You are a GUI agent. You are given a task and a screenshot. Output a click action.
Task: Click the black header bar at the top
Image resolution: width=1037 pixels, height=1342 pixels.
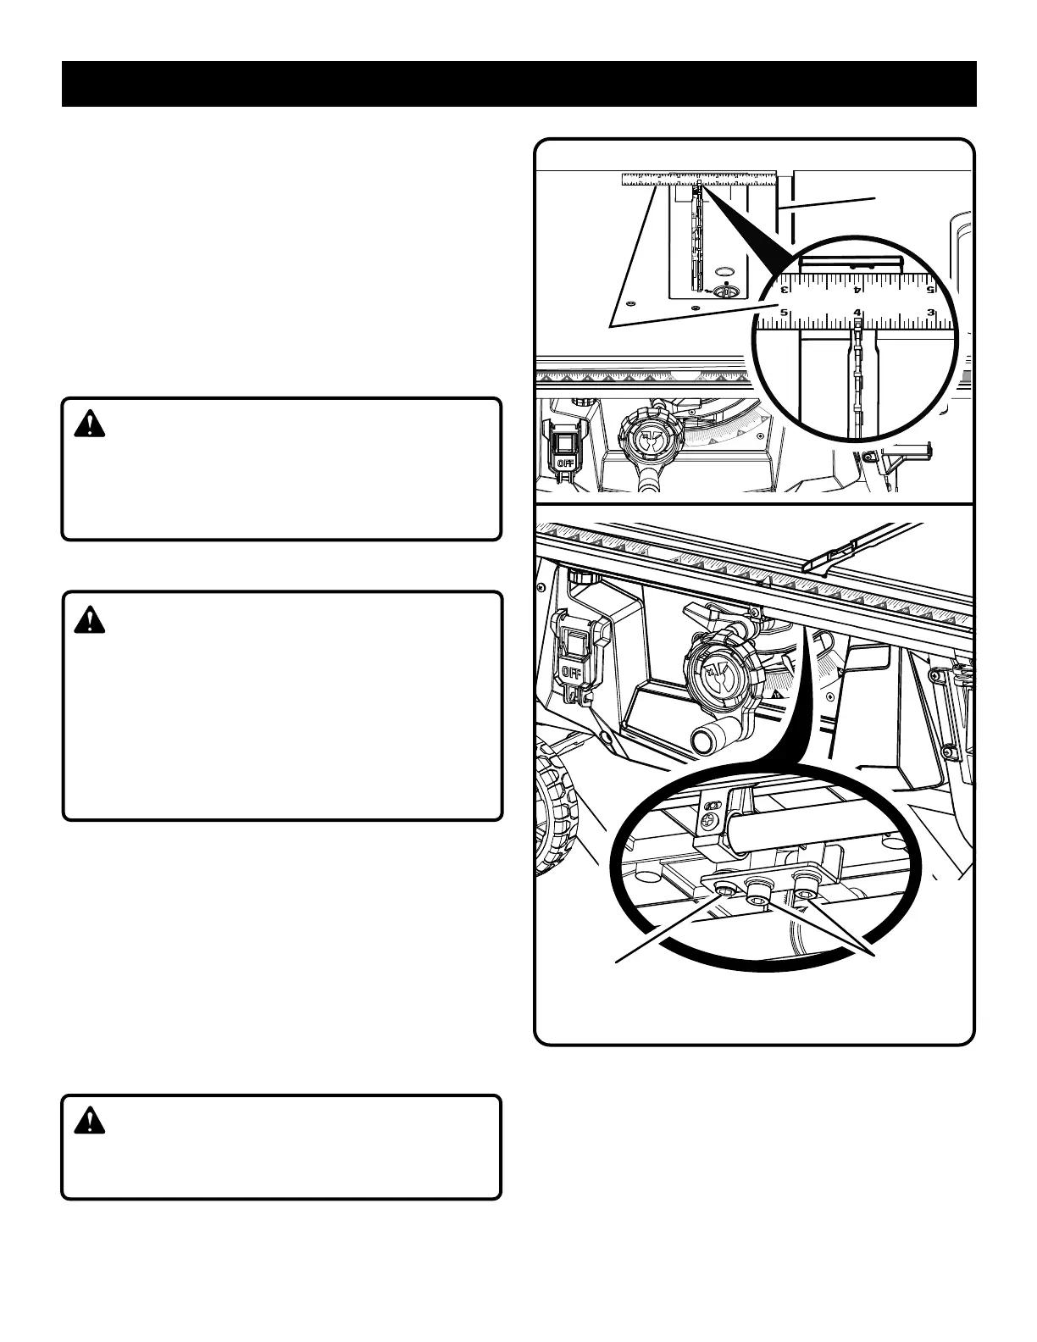click(x=518, y=84)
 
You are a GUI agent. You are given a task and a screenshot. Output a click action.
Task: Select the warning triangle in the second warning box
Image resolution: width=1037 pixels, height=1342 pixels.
click(x=89, y=620)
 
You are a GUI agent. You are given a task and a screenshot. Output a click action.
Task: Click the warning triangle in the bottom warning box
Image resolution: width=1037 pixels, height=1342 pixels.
click(x=89, y=1122)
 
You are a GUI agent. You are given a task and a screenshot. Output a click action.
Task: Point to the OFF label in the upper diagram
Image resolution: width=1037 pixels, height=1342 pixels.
click(x=565, y=463)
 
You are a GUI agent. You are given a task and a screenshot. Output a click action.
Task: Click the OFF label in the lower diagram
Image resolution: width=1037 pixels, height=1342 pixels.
click(x=571, y=672)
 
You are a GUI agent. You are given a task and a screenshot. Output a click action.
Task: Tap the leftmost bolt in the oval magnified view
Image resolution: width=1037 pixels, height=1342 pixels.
click(x=725, y=890)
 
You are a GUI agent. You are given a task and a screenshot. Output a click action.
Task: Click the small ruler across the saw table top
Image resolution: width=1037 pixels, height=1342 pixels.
click(x=699, y=178)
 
